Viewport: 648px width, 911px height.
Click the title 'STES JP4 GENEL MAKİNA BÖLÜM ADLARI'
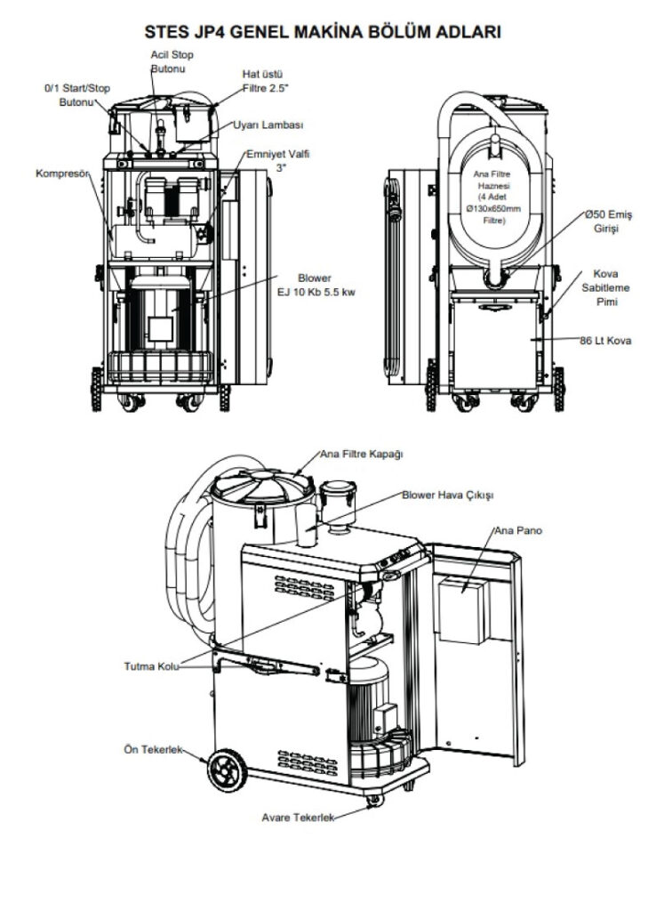(x=324, y=33)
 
